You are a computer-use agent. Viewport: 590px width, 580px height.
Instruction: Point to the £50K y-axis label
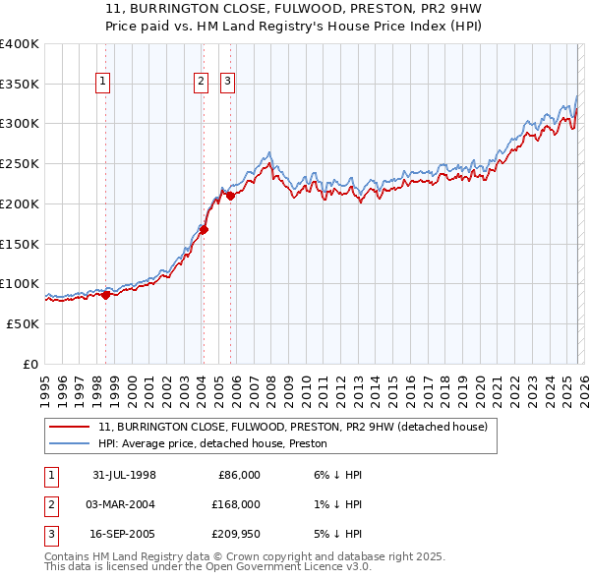point(22,323)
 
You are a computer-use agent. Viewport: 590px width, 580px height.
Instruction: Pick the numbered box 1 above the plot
point(103,82)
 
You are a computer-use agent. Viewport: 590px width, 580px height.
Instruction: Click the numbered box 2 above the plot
point(201,82)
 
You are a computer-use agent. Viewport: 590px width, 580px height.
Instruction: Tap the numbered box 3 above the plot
point(227,82)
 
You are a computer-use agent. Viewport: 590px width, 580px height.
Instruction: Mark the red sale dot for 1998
point(105,295)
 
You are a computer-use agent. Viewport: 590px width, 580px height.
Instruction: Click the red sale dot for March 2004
point(204,230)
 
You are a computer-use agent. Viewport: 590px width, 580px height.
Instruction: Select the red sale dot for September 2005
point(230,197)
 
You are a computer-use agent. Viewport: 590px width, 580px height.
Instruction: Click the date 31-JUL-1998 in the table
point(124,475)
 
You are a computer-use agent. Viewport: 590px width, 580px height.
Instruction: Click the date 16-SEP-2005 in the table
point(124,534)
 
